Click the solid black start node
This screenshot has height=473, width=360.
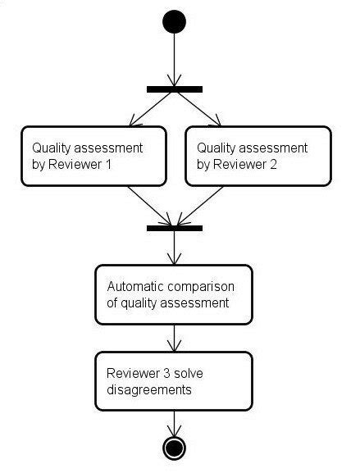pyautogui.click(x=174, y=20)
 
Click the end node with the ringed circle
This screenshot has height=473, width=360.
pyautogui.click(x=174, y=447)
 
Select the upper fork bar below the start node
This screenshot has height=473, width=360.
pyautogui.click(x=174, y=89)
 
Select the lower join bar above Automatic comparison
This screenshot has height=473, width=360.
pyautogui.click(x=174, y=227)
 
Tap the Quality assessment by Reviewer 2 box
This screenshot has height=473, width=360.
pyautogui.click(x=257, y=156)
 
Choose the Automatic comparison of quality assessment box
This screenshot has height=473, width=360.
pyautogui.click(x=174, y=293)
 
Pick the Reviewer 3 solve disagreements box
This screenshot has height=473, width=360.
pyautogui.click(x=174, y=381)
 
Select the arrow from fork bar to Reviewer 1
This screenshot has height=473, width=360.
pyautogui.click(x=152, y=108)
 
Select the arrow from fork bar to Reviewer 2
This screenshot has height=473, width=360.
pyautogui.click(x=197, y=108)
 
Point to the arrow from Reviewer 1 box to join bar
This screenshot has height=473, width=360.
pyautogui.click(x=149, y=205)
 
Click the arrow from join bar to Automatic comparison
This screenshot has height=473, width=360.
pyautogui.click(x=174, y=248)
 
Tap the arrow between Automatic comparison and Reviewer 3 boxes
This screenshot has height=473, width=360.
pyautogui.click(x=174, y=337)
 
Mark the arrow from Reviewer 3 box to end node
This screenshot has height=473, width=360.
pyautogui.click(x=174, y=422)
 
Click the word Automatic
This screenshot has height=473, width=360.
pyautogui.click(x=135, y=286)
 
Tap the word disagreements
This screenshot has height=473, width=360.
pyautogui.click(x=149, y=389)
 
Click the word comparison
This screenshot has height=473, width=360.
pyautogui.click(x=202, y=286)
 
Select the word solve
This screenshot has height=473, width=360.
pyautogui.click(x=185, y=374)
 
